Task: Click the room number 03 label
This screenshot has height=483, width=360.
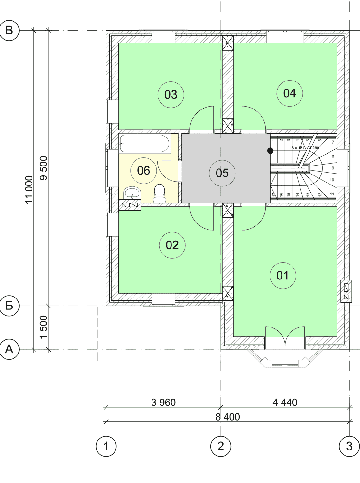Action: coord(171,95)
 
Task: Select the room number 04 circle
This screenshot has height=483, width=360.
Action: coord(290,93)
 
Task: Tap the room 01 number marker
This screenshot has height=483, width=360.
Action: coord(283,276)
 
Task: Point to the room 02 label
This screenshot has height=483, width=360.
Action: coord(172,245)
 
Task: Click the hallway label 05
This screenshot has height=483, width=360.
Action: coord(222,173)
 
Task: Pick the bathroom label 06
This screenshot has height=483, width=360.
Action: coord(143,171)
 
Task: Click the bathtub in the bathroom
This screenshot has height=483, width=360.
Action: coord(145,144)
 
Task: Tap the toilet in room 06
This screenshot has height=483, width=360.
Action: coord(160,193)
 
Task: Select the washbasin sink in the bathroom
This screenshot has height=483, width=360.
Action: coord(132,193)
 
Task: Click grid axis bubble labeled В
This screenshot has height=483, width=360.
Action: coord(9,30)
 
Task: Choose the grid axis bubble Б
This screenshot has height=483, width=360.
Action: coord(9,306)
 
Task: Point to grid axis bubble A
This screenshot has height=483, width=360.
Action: coord(9,349)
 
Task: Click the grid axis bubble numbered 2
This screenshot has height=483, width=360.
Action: coord(221,446)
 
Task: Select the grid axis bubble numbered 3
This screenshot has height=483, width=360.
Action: coord(349,446)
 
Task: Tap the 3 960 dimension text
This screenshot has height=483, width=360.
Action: coord(163,402)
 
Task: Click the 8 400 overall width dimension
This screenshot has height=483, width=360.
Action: coord(228,417)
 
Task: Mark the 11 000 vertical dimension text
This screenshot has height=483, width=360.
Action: coord(29,190)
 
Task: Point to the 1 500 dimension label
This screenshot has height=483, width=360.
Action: coord(44,327)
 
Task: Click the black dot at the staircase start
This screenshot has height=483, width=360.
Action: coord(270,151)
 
